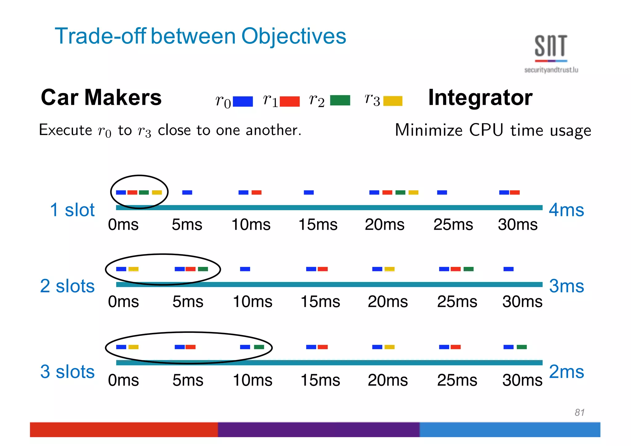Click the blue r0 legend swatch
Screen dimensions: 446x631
point(243,101)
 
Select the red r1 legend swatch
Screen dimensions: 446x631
point(290,101)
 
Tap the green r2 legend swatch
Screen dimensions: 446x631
point(340,100)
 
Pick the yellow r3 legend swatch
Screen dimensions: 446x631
point(393,101)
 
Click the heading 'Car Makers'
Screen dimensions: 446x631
point(101,97)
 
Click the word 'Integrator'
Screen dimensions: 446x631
point(480,97)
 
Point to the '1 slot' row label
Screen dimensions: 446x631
point(72,210)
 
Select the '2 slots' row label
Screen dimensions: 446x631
point(67,286)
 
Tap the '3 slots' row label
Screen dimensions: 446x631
point(67,371)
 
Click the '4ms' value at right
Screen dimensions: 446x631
point(566,210)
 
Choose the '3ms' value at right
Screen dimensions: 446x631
point(566,286)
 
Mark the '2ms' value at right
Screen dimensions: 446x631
point(566,371)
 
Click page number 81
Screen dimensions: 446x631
point(579,412)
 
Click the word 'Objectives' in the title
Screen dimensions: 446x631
point(293,36)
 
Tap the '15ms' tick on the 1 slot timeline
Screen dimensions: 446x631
point(318,224)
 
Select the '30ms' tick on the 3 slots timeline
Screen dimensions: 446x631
point(522,380)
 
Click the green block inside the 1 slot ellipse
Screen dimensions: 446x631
point(144,193)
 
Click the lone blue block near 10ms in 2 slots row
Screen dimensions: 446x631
point(245,269)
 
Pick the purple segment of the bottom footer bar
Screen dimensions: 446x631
point(319,430)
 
